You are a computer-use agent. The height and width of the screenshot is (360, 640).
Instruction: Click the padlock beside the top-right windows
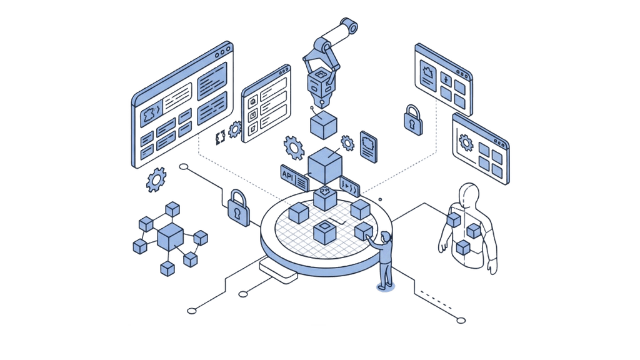click(x=412, y=119)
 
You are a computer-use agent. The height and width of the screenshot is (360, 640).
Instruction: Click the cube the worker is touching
click(x=364, y=232)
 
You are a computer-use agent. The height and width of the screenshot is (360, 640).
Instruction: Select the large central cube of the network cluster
click(x=169, y=237)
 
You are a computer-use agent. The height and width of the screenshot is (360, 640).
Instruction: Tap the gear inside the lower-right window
click(x=466, y=143)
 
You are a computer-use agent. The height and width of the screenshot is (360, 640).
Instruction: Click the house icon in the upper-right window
click(x=429, y=69)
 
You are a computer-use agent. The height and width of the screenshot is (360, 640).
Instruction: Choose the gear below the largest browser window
click(x=156, y=181)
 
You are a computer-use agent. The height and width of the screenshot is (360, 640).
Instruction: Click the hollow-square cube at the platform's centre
click(x=325, y=233)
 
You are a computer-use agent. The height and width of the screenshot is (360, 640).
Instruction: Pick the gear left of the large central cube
click(x=293, y=147)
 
